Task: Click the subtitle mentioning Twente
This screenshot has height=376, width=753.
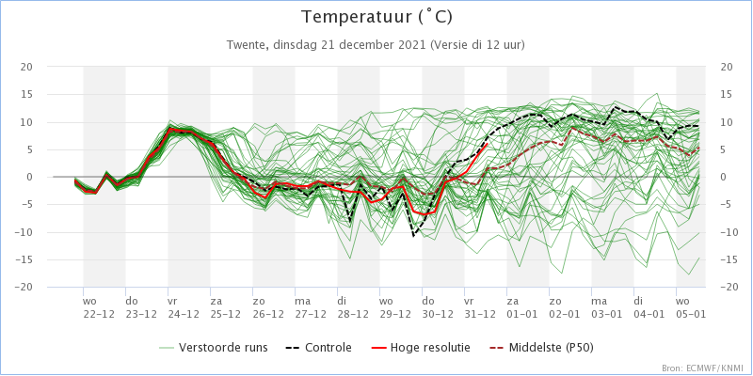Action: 376,44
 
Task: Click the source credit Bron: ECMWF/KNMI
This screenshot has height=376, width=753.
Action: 702,368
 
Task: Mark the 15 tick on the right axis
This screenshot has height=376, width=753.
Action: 727,94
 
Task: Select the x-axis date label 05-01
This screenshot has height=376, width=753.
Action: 690,314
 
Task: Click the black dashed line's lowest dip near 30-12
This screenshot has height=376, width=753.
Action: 413,234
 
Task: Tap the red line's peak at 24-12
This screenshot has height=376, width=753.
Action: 170,129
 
